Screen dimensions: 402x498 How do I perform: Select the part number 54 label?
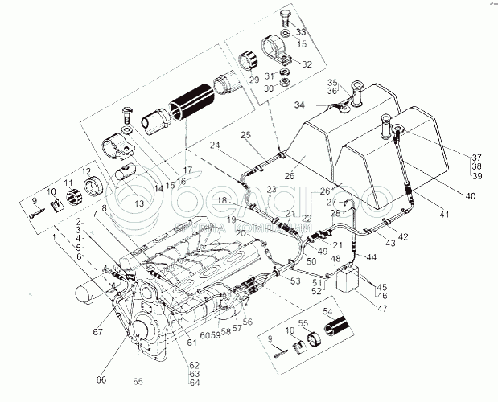[326, 310]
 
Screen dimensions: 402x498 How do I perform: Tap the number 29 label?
[253, 81]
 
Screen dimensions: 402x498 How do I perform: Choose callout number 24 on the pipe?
[216, 146]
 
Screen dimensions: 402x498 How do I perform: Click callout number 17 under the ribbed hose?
[187, 170]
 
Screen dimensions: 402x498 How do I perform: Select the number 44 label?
[371, 257]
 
